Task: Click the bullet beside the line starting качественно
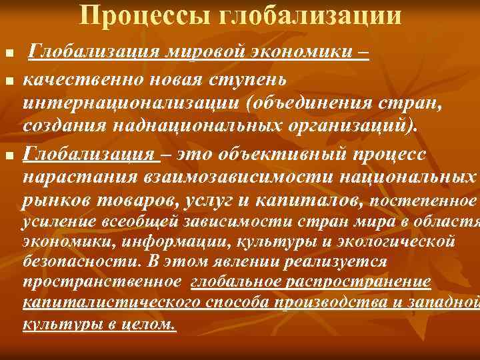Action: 8,81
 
